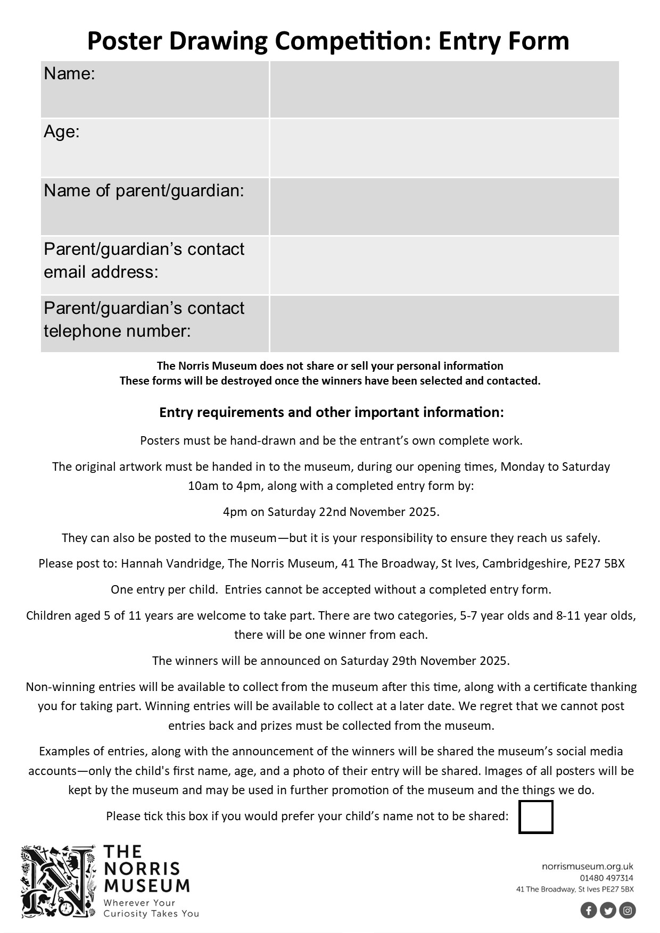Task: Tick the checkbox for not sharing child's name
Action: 535,817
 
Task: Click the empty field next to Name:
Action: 444,89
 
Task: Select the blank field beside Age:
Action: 444,148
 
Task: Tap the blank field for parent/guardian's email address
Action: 444,265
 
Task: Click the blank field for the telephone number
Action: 444,323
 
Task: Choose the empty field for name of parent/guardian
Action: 444,206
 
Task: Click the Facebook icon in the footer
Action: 589,910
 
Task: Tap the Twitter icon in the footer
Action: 608,910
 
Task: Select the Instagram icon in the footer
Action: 628,910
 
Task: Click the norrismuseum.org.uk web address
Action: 587,867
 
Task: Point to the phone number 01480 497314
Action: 606,878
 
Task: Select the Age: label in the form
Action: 62,131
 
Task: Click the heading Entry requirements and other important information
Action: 331,412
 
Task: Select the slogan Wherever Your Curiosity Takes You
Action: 151,908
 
